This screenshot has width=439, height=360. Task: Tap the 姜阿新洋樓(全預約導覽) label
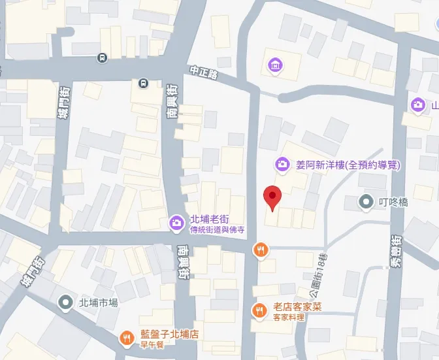pyautogui.click(x=348, y=165)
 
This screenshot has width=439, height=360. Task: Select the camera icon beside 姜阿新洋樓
pyautogui.click(x=282, y=164)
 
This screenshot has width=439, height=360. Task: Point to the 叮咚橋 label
pyautogui.click(x=394, y=202)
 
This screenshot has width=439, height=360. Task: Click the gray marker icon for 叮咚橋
pyautogui.click(x=367, y=202)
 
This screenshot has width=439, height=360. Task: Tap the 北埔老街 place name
pyautogui.click(x=208, y=219)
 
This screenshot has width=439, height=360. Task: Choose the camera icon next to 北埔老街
pyautogui.click(x=176, y=223)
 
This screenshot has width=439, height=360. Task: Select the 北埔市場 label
pyautogui.click(x=98, y=303)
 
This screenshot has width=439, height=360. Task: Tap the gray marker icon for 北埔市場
pyautogui.click(x=65, y=303)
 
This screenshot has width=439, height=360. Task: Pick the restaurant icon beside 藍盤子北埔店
pyautogui.click(x=125, y=337)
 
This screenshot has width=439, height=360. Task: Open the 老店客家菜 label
pyautogui.click(x=297, y=306)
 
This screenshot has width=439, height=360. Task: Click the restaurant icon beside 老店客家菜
pyautogui.click(x=259, y=310)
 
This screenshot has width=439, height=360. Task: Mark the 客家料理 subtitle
pyautogui.click(x=289, y=317)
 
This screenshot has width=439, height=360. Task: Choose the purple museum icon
pyautogui.click(x=275, y=65)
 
